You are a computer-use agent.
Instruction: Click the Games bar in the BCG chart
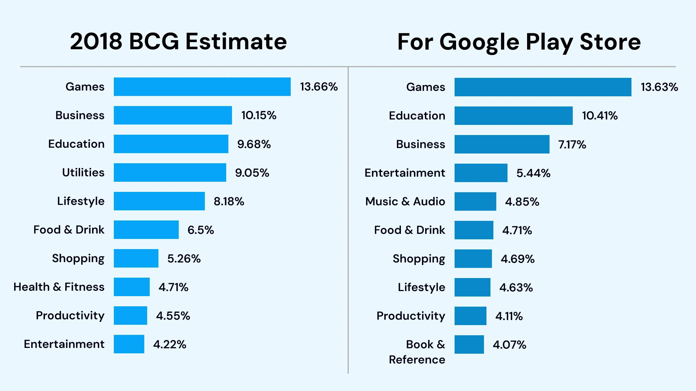click(202, 87)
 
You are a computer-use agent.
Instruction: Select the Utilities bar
click(170, 172)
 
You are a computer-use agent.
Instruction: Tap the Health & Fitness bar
click(132, 287)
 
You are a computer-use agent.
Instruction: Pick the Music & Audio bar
click(475, 201)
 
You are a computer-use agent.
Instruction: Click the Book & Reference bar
click(469, 344)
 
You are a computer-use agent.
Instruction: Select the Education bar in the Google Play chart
click(513, 115)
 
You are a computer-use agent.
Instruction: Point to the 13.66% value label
click(319, 87)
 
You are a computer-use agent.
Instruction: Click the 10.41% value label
click(600, 116)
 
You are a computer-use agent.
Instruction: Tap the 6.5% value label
click(200, 230)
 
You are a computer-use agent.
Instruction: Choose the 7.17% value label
click(572, 144)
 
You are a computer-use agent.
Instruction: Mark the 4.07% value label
click(509, 345)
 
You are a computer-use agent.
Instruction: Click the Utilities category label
click(83, 172)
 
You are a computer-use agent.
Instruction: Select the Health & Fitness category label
click(59, 287)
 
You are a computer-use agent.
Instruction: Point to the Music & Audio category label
click(405, 201)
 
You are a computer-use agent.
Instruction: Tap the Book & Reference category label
click(417, 352)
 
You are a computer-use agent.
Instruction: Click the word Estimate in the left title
click(236, 41)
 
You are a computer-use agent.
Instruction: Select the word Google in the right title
click(479, 42)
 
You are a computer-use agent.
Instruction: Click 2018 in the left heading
click(96, 41)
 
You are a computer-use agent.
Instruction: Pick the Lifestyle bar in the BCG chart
click(159, 201)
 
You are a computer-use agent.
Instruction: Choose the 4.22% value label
click(170, 344)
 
